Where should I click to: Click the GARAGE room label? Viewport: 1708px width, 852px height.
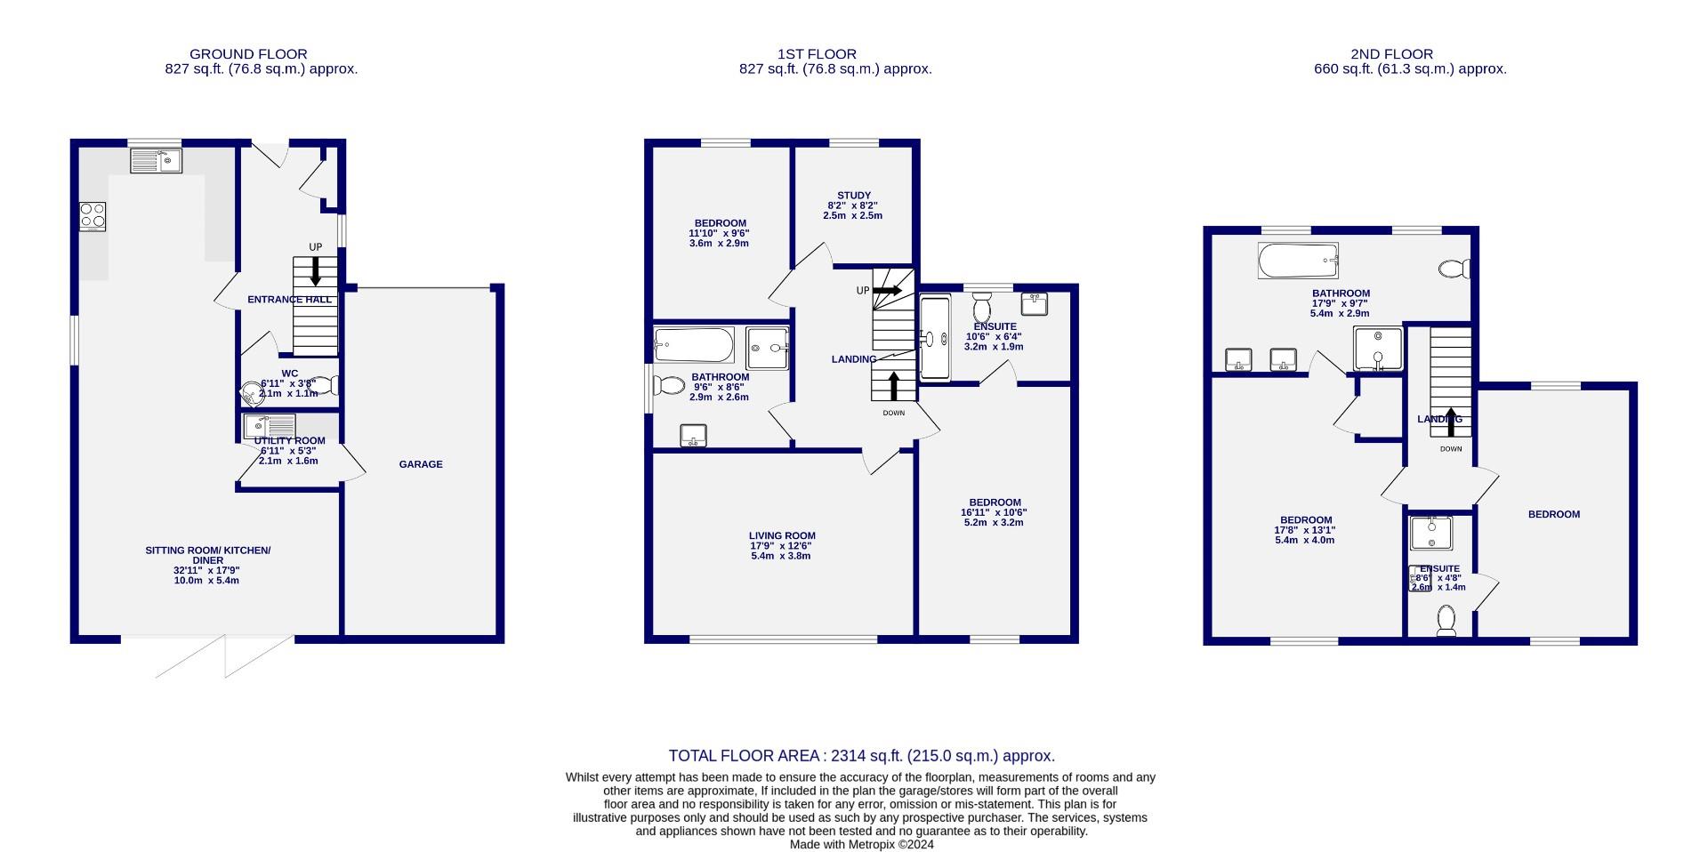(420, 464)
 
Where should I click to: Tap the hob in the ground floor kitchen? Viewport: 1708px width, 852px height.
(93, 216)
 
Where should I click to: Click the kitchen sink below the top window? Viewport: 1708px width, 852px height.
(156, 161)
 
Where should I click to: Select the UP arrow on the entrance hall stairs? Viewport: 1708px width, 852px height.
(315, 271)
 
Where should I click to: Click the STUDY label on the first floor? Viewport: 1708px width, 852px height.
(853, 196)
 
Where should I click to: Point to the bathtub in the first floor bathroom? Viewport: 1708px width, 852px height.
(694, 345)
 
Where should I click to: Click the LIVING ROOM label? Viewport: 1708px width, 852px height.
(781, 536)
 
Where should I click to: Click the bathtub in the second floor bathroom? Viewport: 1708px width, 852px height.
(1298, 261)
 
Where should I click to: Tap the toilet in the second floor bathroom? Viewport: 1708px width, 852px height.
(1454, 268)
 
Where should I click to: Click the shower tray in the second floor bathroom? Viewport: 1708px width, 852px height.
(1378, 349)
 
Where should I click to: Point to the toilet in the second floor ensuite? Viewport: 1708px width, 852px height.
(1446, 620)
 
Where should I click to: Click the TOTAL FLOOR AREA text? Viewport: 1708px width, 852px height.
(861, 756)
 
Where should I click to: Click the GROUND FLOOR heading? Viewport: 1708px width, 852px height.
(248, 54)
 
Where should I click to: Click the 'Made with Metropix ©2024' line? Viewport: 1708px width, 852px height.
(861, 844)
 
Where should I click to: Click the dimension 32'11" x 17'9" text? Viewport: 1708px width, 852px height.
(206, 570)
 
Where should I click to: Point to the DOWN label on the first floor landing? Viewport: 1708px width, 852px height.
(893, 413)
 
